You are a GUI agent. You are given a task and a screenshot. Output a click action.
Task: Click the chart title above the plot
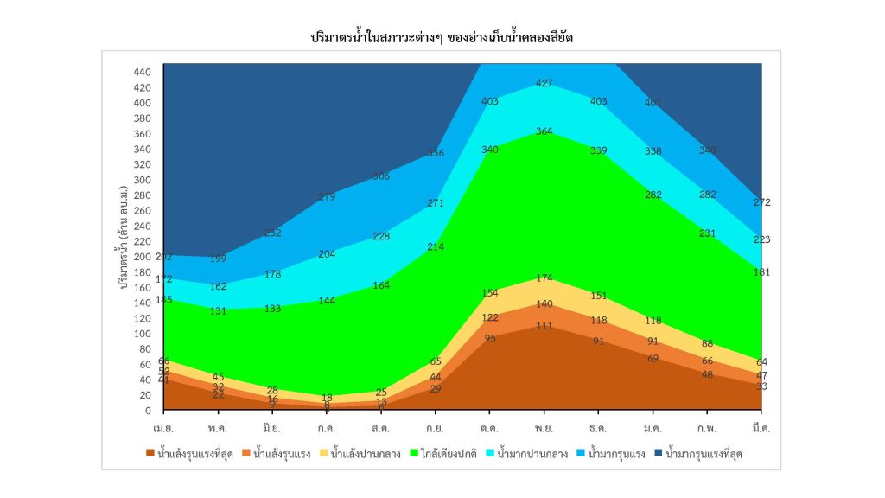442,38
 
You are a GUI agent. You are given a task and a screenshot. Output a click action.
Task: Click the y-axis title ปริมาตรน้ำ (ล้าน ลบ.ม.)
126,233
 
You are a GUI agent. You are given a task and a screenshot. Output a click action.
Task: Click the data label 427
545,83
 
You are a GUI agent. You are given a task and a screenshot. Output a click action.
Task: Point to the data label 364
545,131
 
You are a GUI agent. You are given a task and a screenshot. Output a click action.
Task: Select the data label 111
545,326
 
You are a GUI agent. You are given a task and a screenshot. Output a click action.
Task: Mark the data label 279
328,197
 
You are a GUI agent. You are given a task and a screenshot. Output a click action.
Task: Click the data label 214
436,246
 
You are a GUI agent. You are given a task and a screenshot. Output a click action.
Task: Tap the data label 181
761,272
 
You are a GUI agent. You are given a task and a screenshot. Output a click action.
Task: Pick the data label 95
490,338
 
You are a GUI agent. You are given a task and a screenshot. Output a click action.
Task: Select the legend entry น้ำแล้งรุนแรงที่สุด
192,453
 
